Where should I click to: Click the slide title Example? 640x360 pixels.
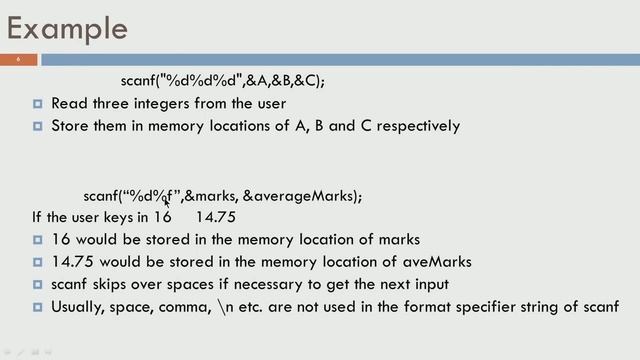click(68, 27)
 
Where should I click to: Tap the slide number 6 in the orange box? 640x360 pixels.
click(18, 60)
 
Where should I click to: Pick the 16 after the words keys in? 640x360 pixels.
click(162, 217)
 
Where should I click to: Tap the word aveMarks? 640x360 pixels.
click(438, 262)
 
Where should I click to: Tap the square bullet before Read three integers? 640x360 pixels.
click(37, 104)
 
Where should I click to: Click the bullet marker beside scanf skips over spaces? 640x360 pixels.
click(37, 284)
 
